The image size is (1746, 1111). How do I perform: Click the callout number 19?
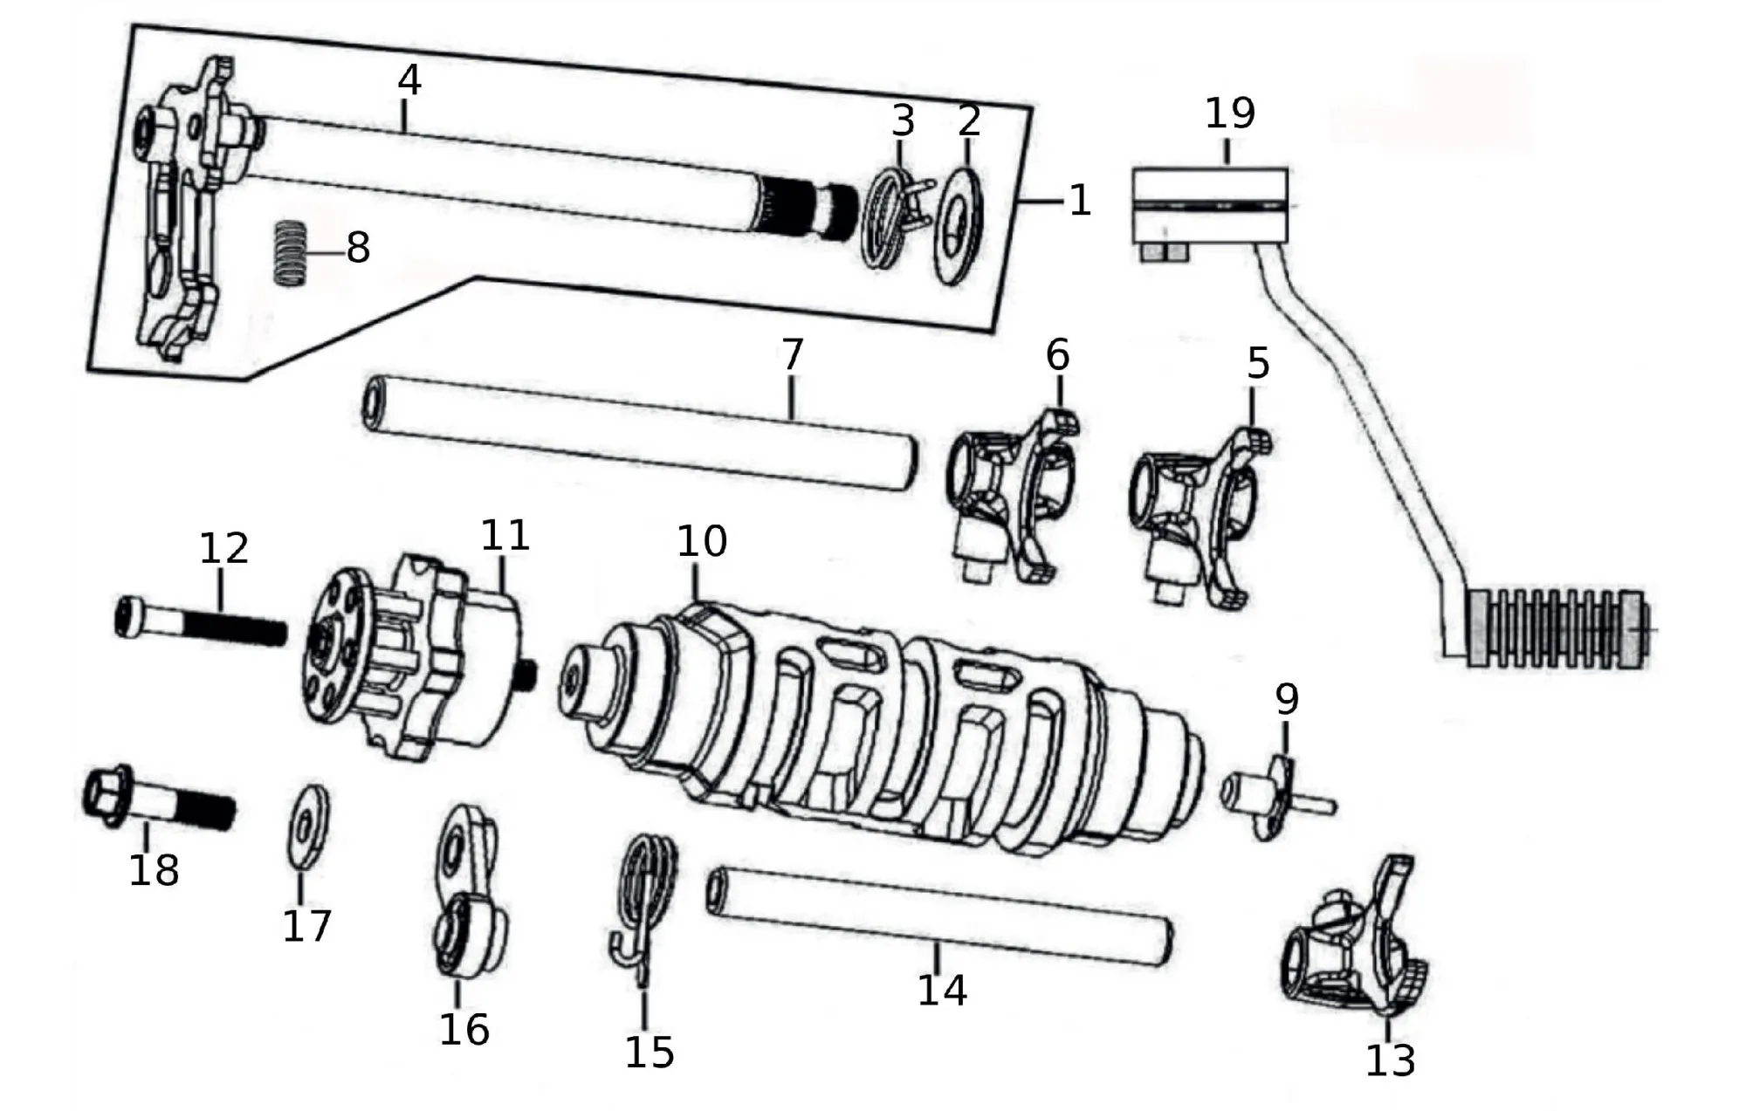(x=1230, y=113)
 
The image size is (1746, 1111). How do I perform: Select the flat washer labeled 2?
(x=959, y=223)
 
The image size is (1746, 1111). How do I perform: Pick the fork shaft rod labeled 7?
(x=640, y=433)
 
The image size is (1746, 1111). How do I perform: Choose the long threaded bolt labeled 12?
(x=201, y=621)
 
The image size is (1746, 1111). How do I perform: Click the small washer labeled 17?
(x=308, y=826)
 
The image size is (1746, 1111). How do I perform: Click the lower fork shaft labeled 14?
(x=939, y=916)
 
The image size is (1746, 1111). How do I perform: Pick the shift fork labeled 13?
(x=1354, y=938)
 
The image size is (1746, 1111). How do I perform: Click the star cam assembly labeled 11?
(x=421, y=657)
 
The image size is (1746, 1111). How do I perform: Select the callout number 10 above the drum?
(x=702, y=542)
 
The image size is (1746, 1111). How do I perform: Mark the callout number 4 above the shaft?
(x=409, y=80)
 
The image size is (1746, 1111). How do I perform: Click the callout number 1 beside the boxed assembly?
(x=1080, y=201)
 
